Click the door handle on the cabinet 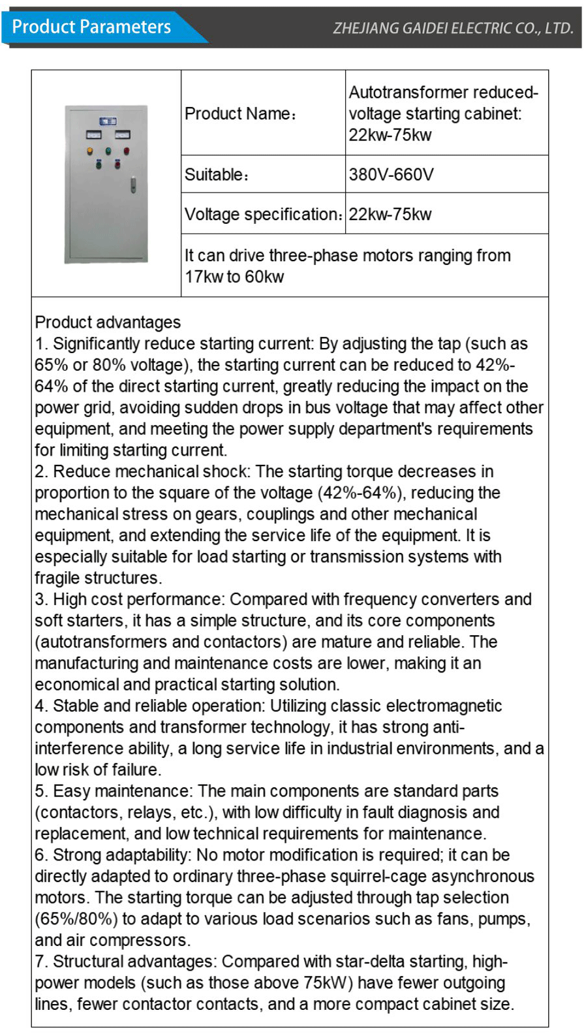(x=133, y=185)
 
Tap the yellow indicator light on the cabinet (x=90, y=151)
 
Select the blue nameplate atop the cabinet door (x=108, y=121)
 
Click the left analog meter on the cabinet (x=93, y=135)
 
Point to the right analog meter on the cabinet (x=122, y=135)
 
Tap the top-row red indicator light (x=126, y=151)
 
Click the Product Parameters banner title (x=91, y=27)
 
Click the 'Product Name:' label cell (x=241, y=114)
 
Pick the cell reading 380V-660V (x=391, y=174)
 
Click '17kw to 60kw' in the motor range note (x=234, y=277)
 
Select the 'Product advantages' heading (x=108, y=322)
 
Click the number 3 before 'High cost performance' (x=39, y=599)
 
